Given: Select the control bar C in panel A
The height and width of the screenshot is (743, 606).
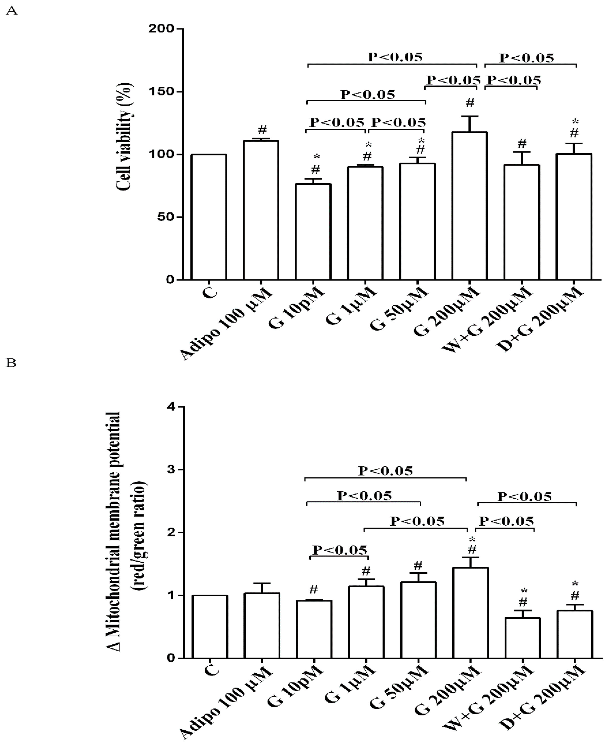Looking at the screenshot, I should (x=209, y=217).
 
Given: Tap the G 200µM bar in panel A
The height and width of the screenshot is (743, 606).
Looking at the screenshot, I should (x=470, y=206).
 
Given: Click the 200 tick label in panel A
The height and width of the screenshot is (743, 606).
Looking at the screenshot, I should (x=161, y=29).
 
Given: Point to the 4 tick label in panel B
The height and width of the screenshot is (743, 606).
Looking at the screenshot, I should (x=171, y=407).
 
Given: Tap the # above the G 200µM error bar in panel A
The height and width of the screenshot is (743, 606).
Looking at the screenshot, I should (x=470, y=103).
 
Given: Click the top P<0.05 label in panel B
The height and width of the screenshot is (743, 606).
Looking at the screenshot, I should (x=385, y=471).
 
